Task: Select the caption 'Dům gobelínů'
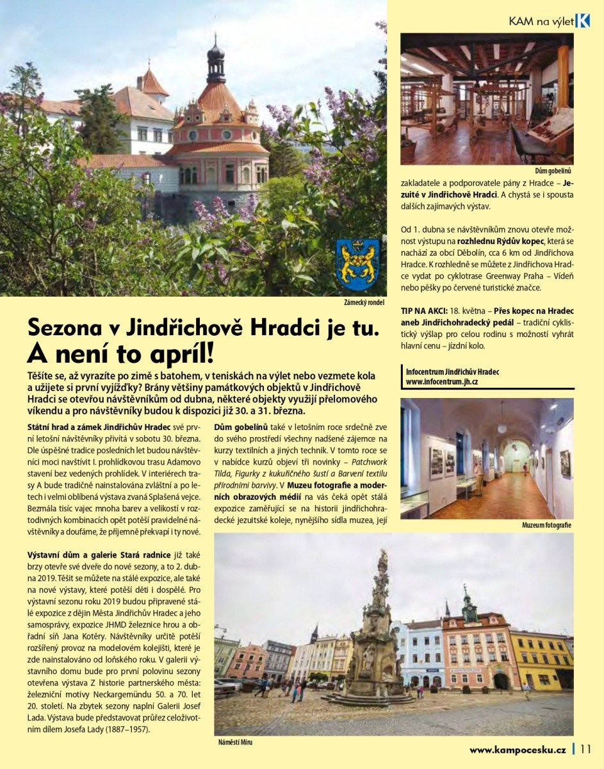[x=553, y=172]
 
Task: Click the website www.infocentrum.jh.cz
[x=442, y=381]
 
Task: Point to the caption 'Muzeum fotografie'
[x=547, y=525]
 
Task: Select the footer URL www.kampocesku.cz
[x=517, y=749]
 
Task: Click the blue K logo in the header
[x=582, y=21]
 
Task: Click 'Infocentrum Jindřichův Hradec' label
[x=453, y=372]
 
